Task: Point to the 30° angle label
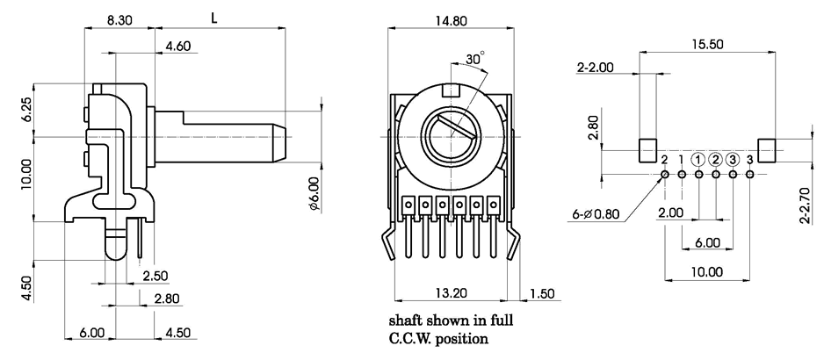click(475, 60)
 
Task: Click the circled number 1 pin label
click(698, 159)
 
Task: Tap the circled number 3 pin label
click(733, 159)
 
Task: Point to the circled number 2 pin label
click(716, 159)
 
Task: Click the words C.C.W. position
click(438, 337)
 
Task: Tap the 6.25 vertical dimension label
click(26, 109)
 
